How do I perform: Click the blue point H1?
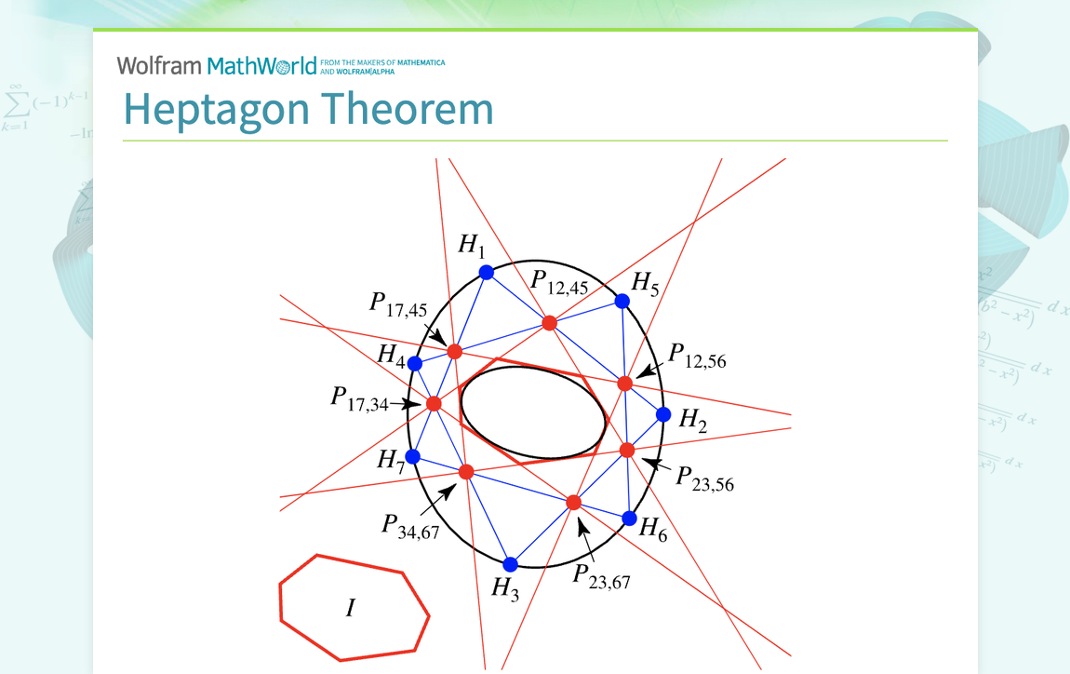pyautogui.click(x=486, y=272)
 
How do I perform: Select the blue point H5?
pyautogui.click(x=622, y=301)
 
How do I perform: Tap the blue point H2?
pyautogui.click(x=663, y=414)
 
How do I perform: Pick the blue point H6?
pyautogui.click(x=629, y=518)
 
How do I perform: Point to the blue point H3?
pyautogui.click(x=510, y=564)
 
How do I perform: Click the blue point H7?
pyautogui.click(x=413, y=456)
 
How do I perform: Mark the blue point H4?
pyautogui.click(x=415, y=363)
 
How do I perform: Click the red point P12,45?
pyautogui.click(x=549, y=323)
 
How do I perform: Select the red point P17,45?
pyautogui.click(x=454, y=351)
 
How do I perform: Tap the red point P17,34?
pyautogui.click(x=434, y=403)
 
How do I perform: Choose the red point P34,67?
pyautogui.click(x=466, y=472)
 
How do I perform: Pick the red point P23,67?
pyautogui.click(x=573, y=503)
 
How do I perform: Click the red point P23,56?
pyautogui.click(x=627, y=450)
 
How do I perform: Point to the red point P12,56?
pyautogui.click(x=624, y=383)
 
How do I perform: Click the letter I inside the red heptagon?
pyautogui.click(x=350, y=609)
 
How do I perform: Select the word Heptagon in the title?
pyautogui.click(x=216, y=109)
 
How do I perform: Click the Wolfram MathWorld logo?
pyautogui.click(x=223, y=65)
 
